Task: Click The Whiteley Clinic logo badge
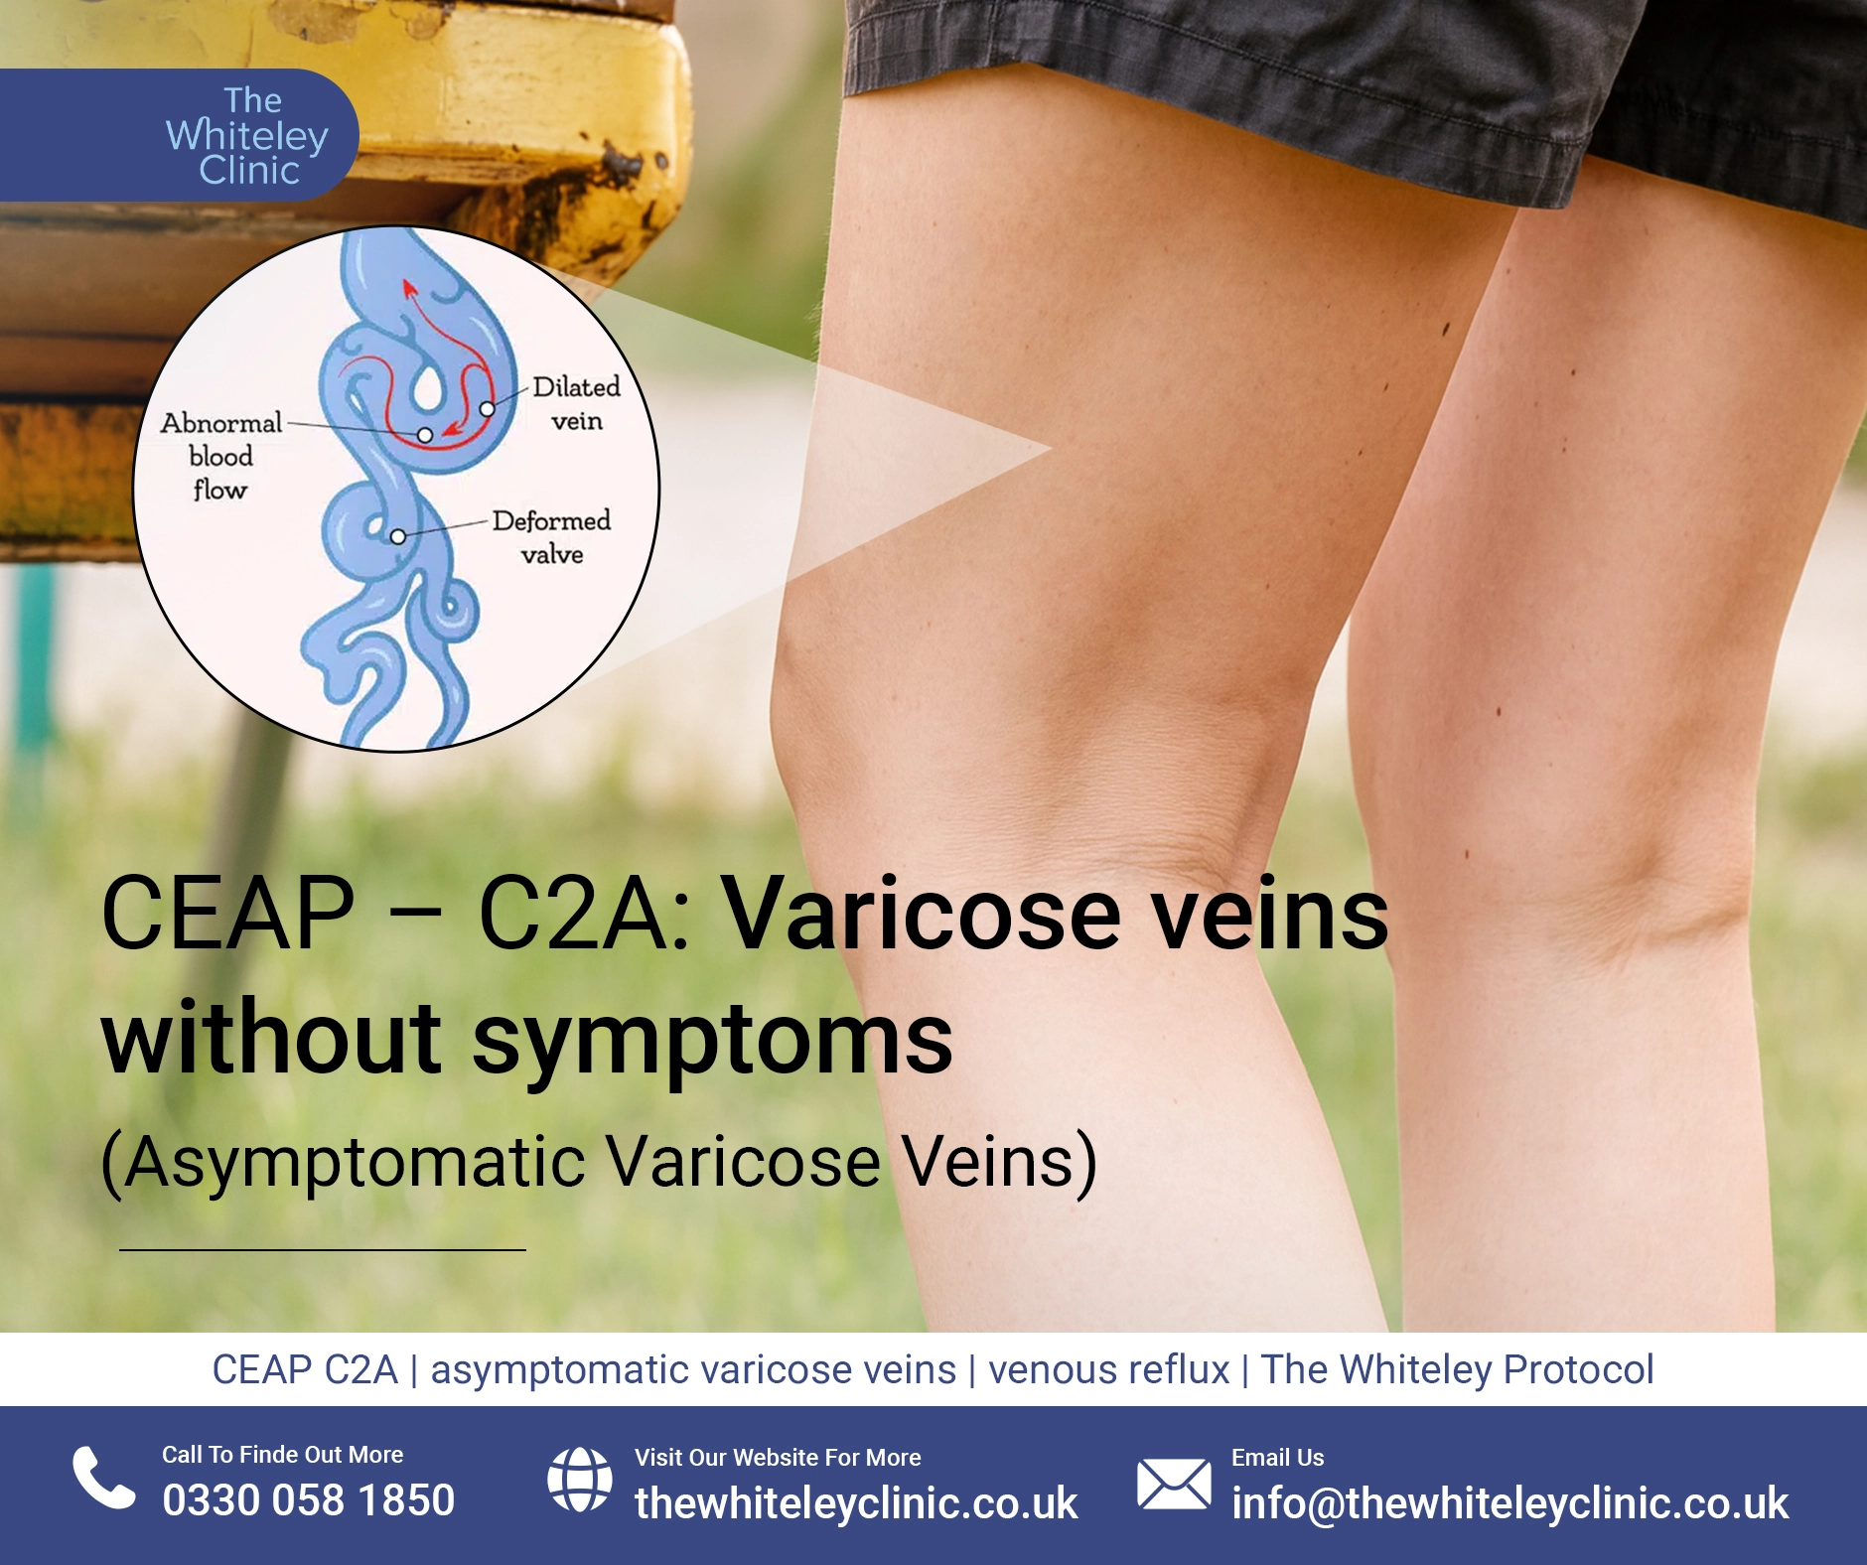click(x=179, y=135)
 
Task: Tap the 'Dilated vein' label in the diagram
click(x=577, y=403)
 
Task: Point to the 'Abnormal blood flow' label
click(x=220, y=456)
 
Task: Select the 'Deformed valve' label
click(x=551, y=537)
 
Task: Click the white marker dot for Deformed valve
click(x=397, y=537)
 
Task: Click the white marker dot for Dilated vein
click(x=487, y=409)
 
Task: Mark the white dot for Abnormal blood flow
click(x=425, y=435)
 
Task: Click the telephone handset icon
click(x=103, y=1478)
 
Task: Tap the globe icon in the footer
click(x=580, y=1480)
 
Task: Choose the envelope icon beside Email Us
click(x=1174, y=1484)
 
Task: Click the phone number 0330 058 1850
click(x=309, y=1500)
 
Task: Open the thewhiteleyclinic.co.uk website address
click(x=856, y=1503)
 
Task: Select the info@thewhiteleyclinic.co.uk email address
click(x=1509, y=1503)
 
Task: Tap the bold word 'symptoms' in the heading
click(x=712, y=1041)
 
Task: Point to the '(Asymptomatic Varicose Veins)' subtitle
click(x=600, y=1162)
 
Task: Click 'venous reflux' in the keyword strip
click(x=1109, y=1370)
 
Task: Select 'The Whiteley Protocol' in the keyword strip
click(x=1457, y=1370)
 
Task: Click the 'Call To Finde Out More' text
click(x=283, y=1455)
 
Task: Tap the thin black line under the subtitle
click(x=323, y=1249)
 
